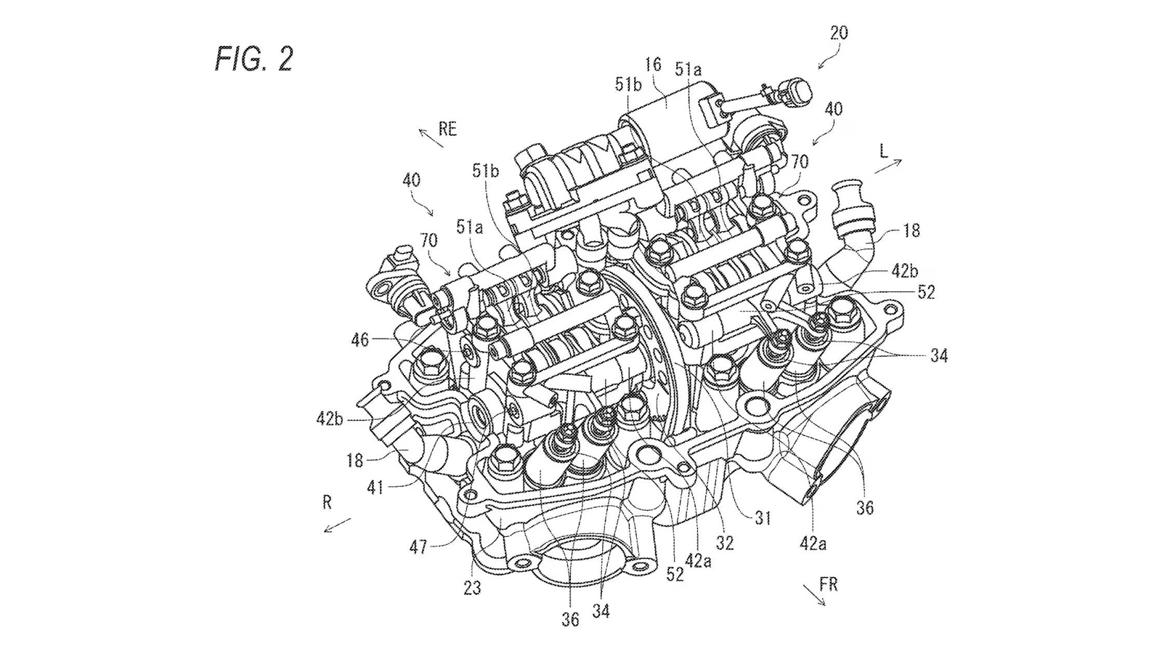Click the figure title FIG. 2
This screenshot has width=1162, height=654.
tap(253, 58)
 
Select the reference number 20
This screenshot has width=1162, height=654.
tap(838, 33)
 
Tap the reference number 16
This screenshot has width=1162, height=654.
tap(652, 65)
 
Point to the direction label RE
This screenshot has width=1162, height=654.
tap(447, 129)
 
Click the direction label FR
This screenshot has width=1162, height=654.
tap(828, 585)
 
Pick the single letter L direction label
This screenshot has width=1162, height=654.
tap(883, 151)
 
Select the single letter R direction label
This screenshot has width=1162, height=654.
tap(328, 501)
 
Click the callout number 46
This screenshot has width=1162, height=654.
tap(359, 339)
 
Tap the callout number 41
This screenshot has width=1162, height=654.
tap(374, 487)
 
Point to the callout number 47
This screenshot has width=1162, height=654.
tap(418, 546)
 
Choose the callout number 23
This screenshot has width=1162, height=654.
tap(472, 587)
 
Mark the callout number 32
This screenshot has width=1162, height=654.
tap(724, 542)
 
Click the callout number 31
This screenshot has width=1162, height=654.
tap(762, 517)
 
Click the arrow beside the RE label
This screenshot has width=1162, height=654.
tap(431, 137)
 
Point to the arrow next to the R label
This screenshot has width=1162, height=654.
tap(337, 525)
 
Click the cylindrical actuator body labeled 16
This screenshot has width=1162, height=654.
tap(665, 109)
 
